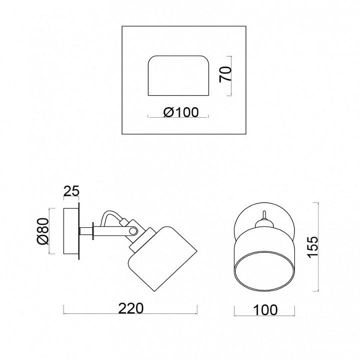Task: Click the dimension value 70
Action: coord(225,75)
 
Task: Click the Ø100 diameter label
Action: coord(181,113)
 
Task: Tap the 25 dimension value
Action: coord(71,191)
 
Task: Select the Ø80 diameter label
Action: coord(43,231)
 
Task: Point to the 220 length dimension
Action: coord(131,308)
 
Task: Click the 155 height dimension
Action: coord(313,247)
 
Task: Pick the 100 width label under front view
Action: coord(265,310)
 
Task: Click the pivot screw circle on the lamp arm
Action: coord(133,231)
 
